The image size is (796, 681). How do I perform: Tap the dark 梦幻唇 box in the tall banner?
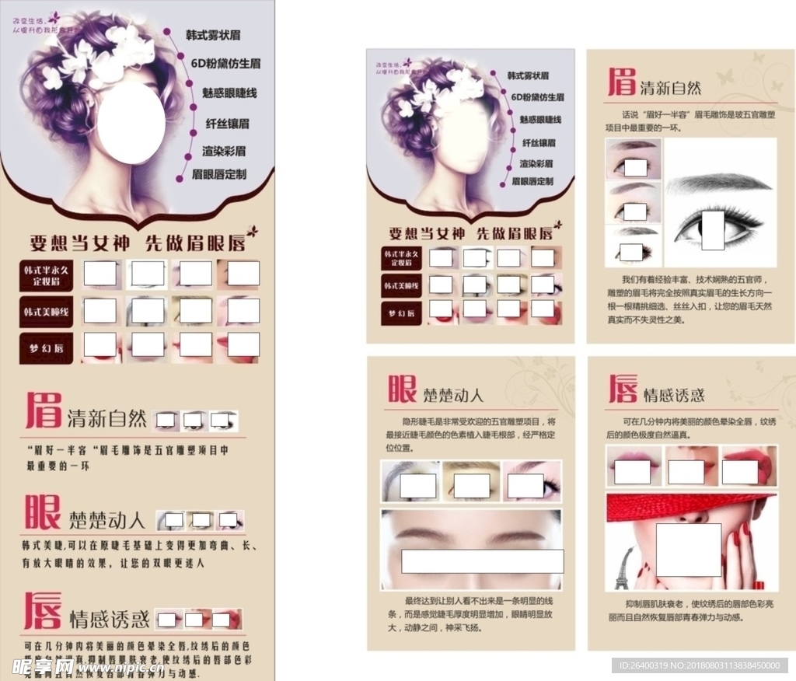click(x=46, y=347)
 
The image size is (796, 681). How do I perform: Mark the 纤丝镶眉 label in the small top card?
click(x=537, y=142)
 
